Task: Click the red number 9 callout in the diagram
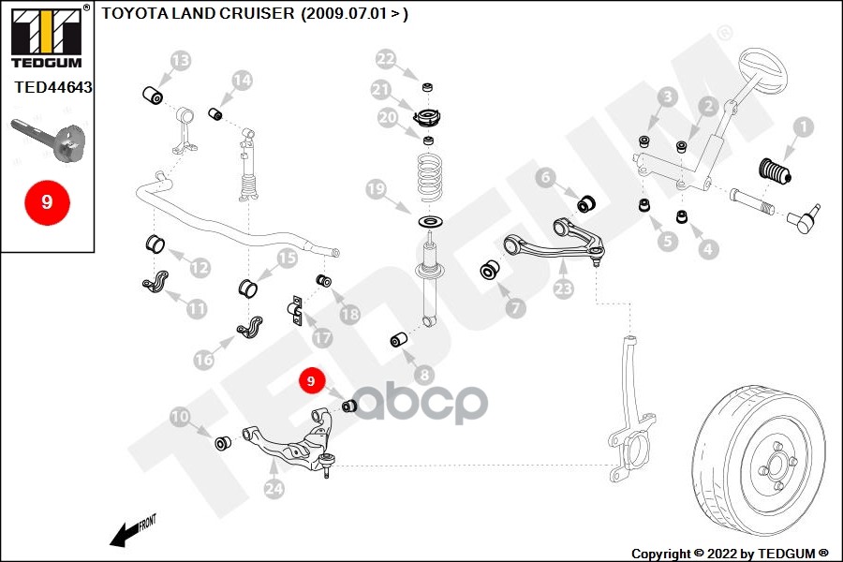(310, 381)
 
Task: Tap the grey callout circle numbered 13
(180, 61)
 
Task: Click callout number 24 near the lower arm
(274, 488)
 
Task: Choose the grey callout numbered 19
(376, 190)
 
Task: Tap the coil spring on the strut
(430, 178)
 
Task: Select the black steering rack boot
(774, 177)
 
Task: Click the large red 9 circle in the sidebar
(46, 200)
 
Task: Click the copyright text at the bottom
(730, 553)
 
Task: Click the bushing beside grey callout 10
(224, 441)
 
